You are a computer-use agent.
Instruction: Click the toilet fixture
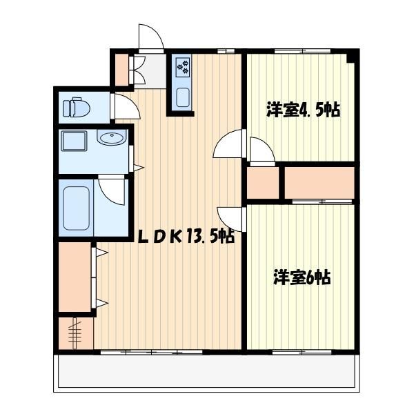pos(77,107)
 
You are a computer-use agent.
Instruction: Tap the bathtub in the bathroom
pos(76,208)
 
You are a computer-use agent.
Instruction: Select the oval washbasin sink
pos(112,137)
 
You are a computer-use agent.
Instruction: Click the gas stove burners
pos(183,66)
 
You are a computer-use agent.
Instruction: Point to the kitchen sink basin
pos(183,97)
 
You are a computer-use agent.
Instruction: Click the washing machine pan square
pos(74,141)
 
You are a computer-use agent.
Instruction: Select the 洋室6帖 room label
pos(302,277)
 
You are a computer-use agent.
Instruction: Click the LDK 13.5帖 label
pos(186,235)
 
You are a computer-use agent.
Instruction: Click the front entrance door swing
pos(150,37)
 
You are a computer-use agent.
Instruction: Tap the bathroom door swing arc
pos(111,192)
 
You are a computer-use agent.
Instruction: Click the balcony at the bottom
pos(206,373)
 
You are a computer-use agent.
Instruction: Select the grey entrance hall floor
pos(150,71)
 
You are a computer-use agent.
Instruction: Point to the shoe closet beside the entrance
pos(122,70)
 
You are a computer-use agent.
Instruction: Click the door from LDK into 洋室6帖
pos(230,219)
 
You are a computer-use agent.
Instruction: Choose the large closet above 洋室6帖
pos(319,182)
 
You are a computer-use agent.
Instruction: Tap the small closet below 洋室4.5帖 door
pos(263,182)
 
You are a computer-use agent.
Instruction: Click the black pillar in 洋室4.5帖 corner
pos(351,58)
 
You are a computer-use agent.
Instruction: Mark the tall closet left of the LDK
pos(75,277)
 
